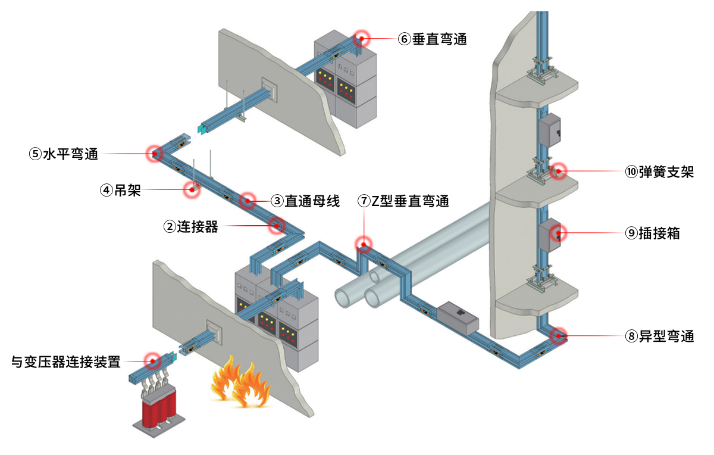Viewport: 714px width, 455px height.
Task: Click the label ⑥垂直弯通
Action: (x=433, y=39)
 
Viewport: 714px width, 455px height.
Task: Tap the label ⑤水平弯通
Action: (x=64, y=154)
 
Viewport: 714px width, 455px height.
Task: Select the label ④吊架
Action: (x=120, y=191)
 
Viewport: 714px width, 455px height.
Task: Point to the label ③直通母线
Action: (x=305, y=201)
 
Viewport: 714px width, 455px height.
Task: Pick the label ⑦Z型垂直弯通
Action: (x=403, y=201)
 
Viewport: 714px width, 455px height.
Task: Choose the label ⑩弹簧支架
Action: (x=659, y=173)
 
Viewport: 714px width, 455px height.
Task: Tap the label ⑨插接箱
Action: (x=652, y=233)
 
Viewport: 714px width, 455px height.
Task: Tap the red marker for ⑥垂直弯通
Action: (x=361, y=39)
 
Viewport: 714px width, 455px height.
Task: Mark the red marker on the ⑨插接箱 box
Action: (x=559, y=233)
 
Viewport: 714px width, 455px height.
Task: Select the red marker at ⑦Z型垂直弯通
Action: (x=363, y=244)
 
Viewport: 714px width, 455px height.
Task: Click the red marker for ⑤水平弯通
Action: (x=155, y=154)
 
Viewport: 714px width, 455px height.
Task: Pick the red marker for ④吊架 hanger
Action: (x=192, y=189)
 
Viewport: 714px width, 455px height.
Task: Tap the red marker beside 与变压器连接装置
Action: (x=153, y=361)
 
